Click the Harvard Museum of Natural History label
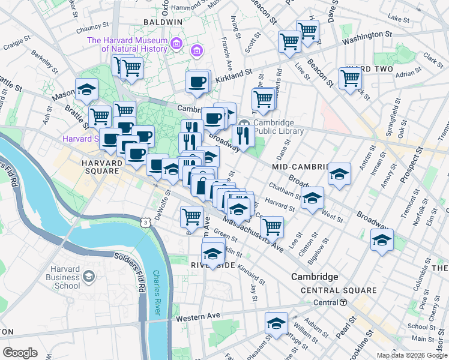[x=128, y=44]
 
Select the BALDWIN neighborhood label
[x=163, y=22]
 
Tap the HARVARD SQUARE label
[x=101, y=166]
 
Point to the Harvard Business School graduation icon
[x=89, y=276]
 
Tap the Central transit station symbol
[x=343, y=302]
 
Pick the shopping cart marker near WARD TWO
[x=350, y=77]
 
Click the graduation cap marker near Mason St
[x=87, y=89]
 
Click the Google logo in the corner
[x=20, y=353]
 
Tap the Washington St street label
[x=367, y=37]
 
